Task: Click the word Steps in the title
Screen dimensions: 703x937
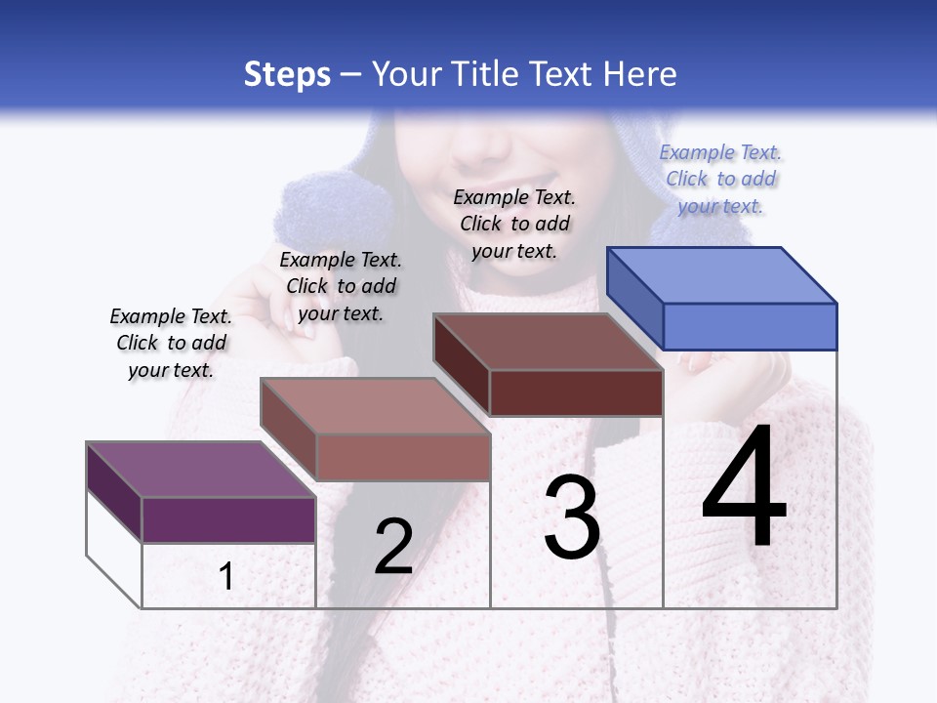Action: tap(287, 74)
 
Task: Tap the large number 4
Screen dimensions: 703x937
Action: tap(744, 487)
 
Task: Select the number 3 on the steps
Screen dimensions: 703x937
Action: tap(571, 517)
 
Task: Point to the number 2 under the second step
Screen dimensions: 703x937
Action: tap(393, 547)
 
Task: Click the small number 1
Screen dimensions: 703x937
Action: tap(226, 576)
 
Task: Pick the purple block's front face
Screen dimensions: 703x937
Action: tap(228, 519)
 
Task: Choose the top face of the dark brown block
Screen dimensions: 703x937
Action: tap(548, 342)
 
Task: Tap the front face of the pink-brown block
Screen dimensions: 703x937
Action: tap(403, 457)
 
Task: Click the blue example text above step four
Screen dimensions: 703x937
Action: tap(720, 179)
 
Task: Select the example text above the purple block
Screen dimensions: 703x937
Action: tap(171, 343)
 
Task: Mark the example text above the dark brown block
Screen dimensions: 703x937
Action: tap(514, 224)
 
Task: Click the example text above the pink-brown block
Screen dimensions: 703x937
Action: tap(341, 286)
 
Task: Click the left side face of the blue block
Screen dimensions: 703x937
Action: tap(634, 297)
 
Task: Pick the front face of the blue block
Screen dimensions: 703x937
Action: tap(750, 326)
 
